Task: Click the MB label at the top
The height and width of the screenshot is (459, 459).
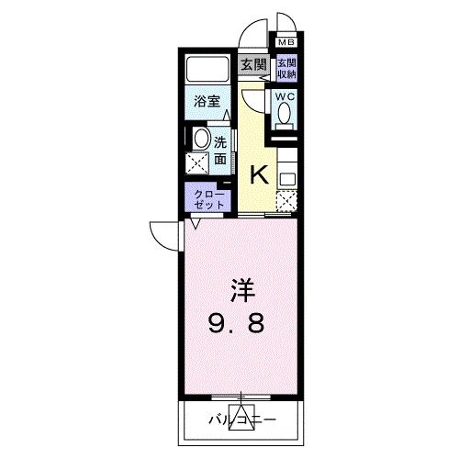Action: click(286, 42)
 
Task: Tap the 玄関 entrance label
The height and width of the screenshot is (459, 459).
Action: click(254, 64)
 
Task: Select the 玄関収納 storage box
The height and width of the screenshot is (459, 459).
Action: click(286, 68)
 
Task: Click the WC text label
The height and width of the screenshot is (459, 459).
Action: click(284, 95)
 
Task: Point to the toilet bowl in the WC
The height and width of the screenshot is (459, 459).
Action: click(285, 113)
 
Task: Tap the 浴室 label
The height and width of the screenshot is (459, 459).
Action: click(207, 102)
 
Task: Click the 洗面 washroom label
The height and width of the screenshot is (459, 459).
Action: click(221, 151)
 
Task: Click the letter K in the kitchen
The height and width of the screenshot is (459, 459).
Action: click(260, 173)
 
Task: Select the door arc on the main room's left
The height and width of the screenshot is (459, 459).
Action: click(165, 236)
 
